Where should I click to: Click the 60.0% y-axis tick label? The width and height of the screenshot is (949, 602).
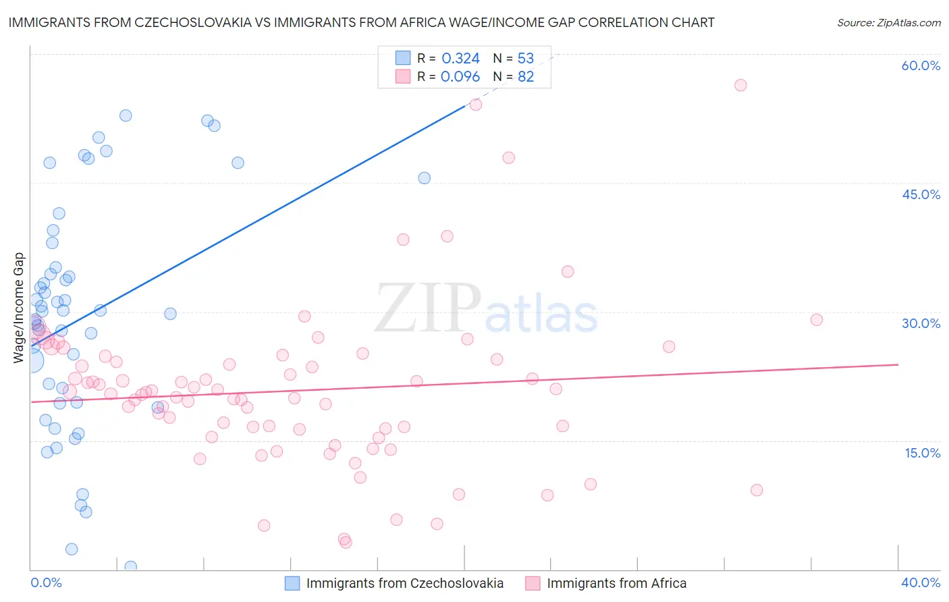(921, 65)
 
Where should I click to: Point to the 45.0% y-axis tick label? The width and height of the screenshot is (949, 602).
(921, 194)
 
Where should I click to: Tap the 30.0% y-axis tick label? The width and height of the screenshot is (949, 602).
(921, 323)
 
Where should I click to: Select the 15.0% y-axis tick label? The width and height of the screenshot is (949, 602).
(922, 453)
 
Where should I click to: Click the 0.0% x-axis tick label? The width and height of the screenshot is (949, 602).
(46, 582)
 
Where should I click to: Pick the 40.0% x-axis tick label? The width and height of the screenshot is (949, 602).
(921, 582)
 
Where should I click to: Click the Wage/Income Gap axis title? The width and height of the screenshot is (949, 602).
(18, 308)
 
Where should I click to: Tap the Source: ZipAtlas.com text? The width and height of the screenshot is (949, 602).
(888, 23)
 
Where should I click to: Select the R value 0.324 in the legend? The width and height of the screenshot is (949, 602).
(460, 59)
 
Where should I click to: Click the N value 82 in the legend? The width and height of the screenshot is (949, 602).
(526, 77)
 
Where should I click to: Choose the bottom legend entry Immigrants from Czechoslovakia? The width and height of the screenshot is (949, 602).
(404, 583)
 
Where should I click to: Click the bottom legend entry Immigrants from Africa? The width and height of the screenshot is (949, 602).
(616, 583)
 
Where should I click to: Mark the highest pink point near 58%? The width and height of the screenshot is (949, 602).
(740, 85)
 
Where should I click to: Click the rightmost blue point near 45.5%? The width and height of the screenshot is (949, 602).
(424, 178)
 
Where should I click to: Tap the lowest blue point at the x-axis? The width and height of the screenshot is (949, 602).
(131, 567)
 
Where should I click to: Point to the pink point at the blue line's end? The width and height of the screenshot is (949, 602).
(476, 105)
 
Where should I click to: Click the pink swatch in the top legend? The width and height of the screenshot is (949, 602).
(403, 77)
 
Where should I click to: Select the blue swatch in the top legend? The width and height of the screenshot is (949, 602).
(403, 59)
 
